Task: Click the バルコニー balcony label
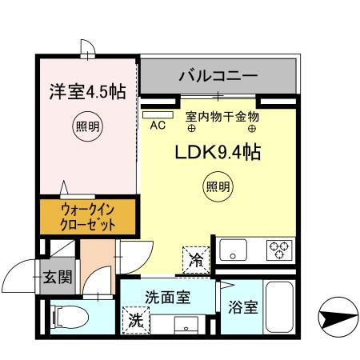click(218, 76)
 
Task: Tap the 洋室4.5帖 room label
click(88, 92)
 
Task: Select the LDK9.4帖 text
click(218, 153)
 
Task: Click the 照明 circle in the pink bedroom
click(88, 126)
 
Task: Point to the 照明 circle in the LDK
click(218, 186)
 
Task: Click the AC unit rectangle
click(158, 115)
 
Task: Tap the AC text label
click(158, 125)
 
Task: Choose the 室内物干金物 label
click(222, 117)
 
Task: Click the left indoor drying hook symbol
click(191, 129)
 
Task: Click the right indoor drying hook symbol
click(252, 129)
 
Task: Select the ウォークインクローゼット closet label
click(88, 218)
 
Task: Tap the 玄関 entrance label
click(58, 277)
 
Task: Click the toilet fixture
click(70, 318)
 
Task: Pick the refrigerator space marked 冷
click(196, 260)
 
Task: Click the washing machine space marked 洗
click(136, 320)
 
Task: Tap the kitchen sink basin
click(233, 250)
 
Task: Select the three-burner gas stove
click(279, 250)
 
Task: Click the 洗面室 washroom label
click(168, 297)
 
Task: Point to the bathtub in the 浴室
click(280, 307)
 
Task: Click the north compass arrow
click(338, 318)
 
